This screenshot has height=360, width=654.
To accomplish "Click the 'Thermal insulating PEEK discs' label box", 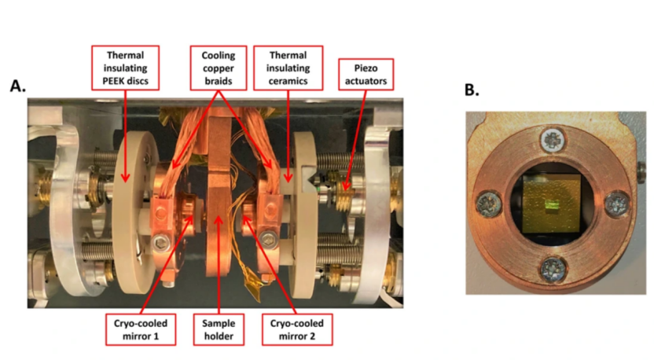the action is click(125, 68).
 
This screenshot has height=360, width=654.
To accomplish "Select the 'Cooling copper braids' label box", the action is click(219, 68).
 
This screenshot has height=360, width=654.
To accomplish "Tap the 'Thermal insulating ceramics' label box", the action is click(288, 68).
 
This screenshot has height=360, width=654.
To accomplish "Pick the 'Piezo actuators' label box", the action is click(366, 74).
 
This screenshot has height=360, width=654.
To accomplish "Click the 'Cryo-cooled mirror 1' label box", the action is click(141, 329).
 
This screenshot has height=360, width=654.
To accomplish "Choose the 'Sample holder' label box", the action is click(219, 329).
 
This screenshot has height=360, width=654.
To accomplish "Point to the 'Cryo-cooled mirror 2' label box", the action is click(297, 329).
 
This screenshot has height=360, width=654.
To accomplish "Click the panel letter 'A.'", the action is click(18, 86).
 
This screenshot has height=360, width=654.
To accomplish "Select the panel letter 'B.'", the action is click(472, 90).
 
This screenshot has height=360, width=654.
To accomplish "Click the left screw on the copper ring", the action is click(488, 204).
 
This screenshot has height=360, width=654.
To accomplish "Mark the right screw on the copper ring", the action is click(616, 204).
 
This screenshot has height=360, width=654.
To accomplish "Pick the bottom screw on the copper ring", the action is click(553, 269).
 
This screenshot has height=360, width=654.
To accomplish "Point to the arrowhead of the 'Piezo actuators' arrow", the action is click(345, 187).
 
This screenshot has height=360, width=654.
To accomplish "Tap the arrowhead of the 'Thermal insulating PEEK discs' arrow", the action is click(125, 178).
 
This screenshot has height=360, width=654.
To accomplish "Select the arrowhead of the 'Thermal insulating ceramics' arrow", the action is click(288, 178).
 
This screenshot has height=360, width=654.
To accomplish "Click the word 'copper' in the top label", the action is click(219, 68).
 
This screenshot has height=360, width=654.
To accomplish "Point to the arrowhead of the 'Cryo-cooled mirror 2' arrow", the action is click(247, 220).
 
